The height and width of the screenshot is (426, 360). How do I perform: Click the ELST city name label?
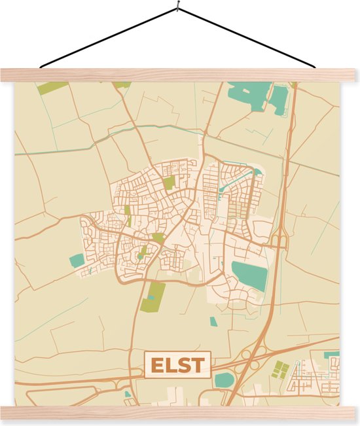(178, 365)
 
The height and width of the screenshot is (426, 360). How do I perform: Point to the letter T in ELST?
(198, 365)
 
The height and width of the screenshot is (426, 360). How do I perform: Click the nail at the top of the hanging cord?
(178, 8)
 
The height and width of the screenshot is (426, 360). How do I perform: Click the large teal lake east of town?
(250, 275)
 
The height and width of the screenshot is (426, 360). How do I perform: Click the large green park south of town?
(153, 297)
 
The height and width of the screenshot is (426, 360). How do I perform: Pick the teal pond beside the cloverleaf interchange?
(224, 380)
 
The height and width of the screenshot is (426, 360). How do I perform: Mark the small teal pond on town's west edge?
(77, 260)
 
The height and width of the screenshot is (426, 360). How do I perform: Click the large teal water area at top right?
(249, 96)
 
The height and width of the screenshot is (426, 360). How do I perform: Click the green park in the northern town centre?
(169, 183)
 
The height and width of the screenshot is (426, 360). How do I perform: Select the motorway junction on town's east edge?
(278, 241)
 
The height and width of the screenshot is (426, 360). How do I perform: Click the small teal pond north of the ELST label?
(213, 321)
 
